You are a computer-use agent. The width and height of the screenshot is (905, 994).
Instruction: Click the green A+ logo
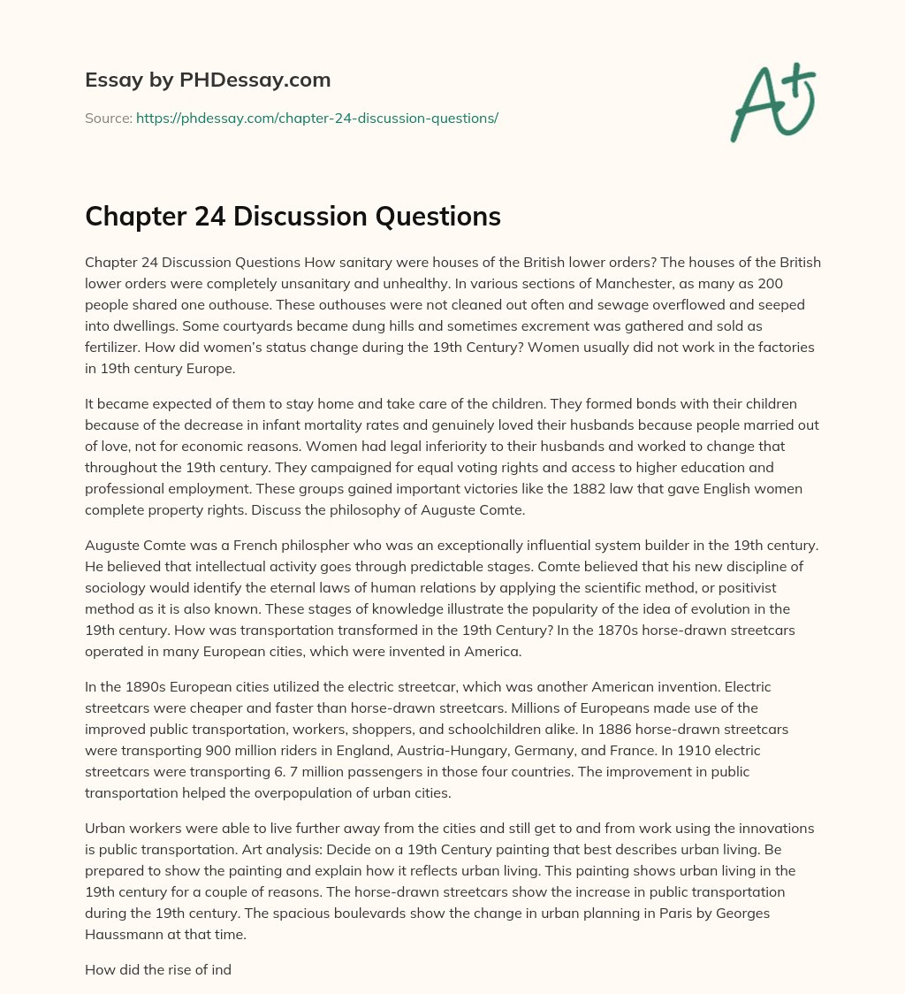click(x=773, y=103)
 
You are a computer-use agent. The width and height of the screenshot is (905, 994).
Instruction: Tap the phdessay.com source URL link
click(x=317, y=118)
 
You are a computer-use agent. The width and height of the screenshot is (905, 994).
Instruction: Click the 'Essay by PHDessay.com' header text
click(x=208, y=80)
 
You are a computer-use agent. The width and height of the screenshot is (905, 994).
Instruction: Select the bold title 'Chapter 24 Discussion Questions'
click(x=293, y=216)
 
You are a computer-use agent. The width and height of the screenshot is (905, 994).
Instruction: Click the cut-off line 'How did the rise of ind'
click(x=158, y=969)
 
